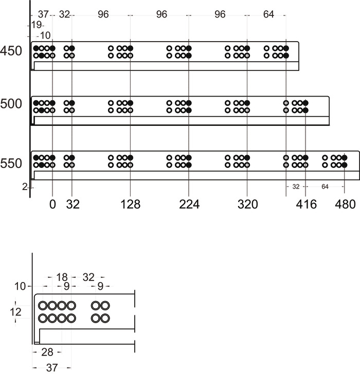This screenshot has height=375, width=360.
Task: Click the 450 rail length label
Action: pos(11,51)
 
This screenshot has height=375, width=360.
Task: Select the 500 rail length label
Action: pos(11,104)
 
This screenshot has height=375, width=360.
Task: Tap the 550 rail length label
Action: pos(11,163)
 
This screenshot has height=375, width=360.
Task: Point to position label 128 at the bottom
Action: pos(130,204)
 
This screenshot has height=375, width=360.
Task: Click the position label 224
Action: pos(189,204)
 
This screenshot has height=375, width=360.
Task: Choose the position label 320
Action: pos(247,204)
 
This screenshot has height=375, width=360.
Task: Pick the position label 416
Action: pos(306,204)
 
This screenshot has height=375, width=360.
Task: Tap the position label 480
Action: pos(345,204)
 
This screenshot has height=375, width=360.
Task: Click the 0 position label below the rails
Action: pos(52,204)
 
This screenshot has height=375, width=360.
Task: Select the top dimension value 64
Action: pos(268,14)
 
